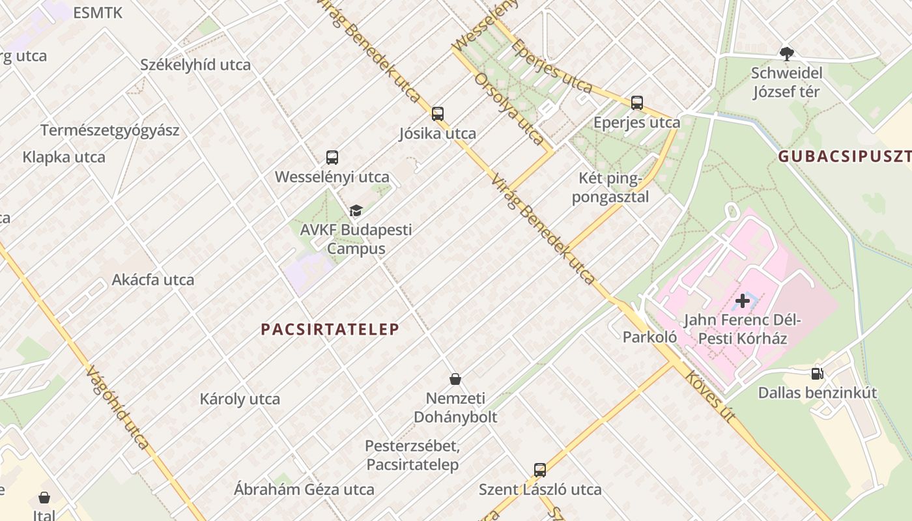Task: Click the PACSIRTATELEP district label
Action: [330, 330]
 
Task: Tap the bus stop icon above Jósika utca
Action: [438, 114]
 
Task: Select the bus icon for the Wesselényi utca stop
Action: [332, 158]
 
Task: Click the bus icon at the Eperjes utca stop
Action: [636, 103]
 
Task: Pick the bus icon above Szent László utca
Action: [539, 470]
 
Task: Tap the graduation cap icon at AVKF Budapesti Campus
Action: [356, 210]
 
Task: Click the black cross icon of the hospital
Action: [742, 301]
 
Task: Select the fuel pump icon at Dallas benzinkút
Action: [817, 374]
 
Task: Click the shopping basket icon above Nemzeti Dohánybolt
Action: [455, 379]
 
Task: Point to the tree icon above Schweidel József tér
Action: [786, 53]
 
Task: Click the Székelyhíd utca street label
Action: [195, 64]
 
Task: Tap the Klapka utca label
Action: [64, 157]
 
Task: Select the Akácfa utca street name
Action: [153, 280]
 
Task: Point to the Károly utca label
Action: [240, 399]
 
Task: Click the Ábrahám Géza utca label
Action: [304, 489]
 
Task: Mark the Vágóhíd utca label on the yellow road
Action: [117, 407]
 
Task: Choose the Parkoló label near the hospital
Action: [649, 337]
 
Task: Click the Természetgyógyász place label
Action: [110, 130]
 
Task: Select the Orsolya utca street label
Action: [509, 108]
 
